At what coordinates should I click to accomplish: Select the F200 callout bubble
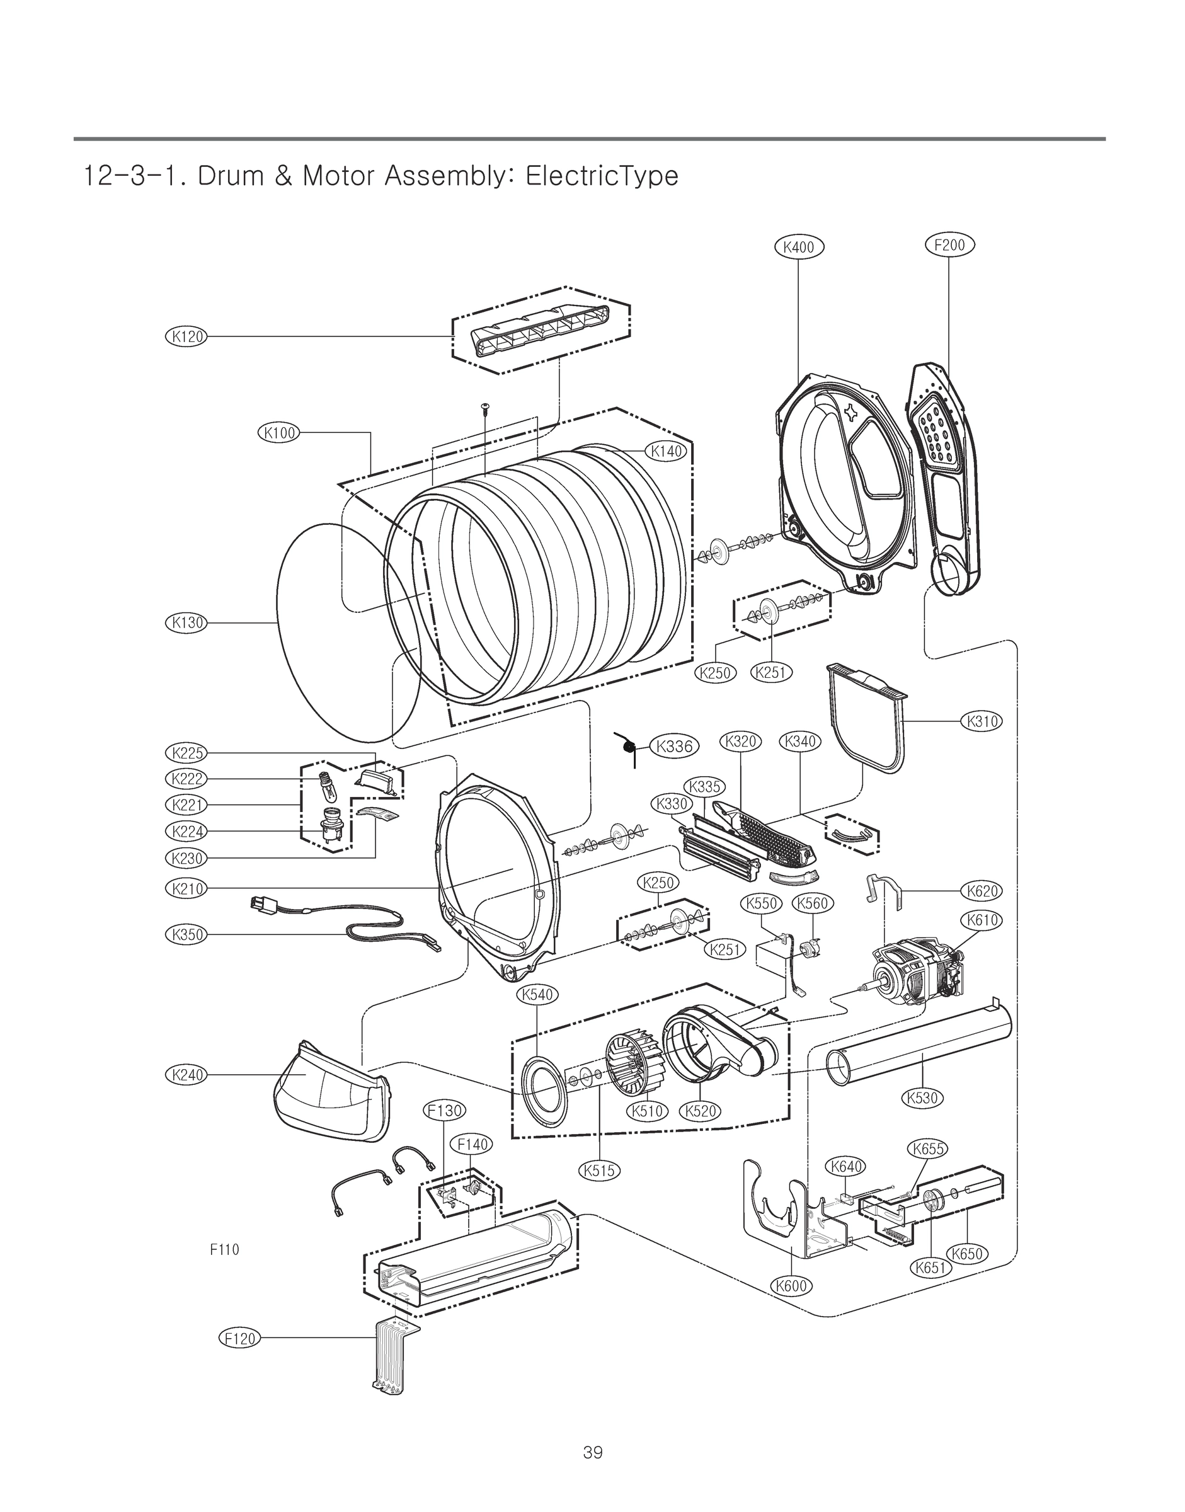(950, 244)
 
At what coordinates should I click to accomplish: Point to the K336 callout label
(673, 746)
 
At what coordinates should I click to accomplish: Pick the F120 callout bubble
(240, 1338)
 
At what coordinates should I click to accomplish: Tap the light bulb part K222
(324, 786)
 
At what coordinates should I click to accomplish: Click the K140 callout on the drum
(667, 452)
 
